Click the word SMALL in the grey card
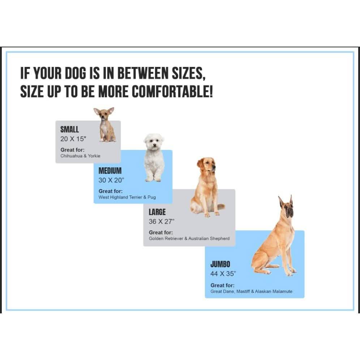point(69,129)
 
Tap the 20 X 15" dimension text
point(73,139)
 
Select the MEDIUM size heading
point(110,171)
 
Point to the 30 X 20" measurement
point(111,180)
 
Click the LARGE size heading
point(157,212)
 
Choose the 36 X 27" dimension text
point(162,222)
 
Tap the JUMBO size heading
point(220,264)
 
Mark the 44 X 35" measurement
point(223,274)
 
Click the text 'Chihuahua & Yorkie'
point(80,156)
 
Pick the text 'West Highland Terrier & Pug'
point(127,197)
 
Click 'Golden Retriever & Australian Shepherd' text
point(189,239)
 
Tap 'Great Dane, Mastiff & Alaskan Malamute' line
point(252,291)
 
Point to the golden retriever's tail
point(221,207)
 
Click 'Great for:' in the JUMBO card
point(223,286)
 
